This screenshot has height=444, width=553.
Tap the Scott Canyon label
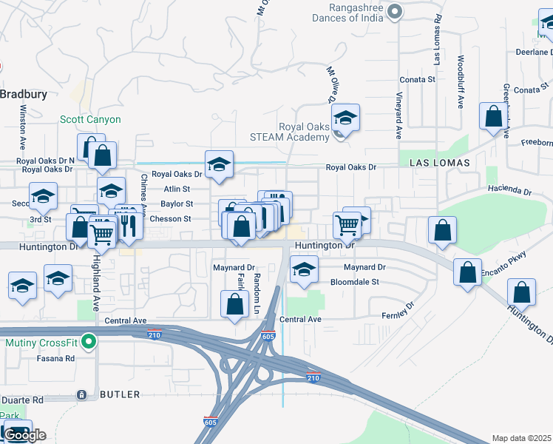pos(90,119)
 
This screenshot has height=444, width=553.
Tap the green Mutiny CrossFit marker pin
pos(89,343)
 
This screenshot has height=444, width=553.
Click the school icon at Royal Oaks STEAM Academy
pos(345,118)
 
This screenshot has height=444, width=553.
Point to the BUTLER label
pos(120,396)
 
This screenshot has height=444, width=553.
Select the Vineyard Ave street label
pos(399,115)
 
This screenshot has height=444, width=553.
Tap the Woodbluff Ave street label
pos(460,82)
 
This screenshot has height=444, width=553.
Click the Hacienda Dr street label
pos(509,191)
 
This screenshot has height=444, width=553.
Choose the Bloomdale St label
pos(354,282)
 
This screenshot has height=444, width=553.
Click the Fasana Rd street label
pos(58,358)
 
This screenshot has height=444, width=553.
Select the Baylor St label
pos(177,203)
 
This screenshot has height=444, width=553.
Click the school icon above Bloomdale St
pos(303,270)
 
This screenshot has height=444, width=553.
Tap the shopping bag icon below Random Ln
pos(234,303)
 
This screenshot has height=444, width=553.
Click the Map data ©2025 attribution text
pos(522,438)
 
